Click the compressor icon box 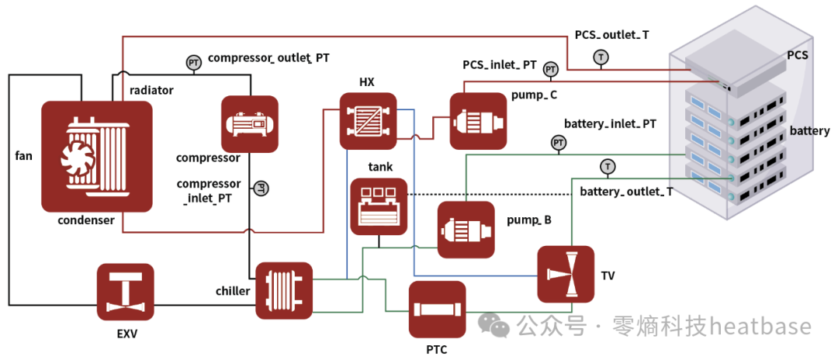click(x=250, y=123)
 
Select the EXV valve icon click(x=125, y=292)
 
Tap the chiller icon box click(x=284, y=291)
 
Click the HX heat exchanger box click(x=369, y=121)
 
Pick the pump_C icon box click(x=478, y=121)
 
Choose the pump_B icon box click(x=466, y=230)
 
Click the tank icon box click(x=379, y=206)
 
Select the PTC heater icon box click(x=437, y=310)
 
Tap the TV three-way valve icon click(x=566, y=274)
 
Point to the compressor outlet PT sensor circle click(x=192, y=62)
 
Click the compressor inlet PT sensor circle click(x=261, y=188)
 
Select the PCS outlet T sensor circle click(x=602, y=57)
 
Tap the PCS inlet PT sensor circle click(x=550, y=69)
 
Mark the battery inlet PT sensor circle click(x=559, y=143)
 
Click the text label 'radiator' click(x=151, y=90)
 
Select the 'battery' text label click(x=809, y=130)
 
